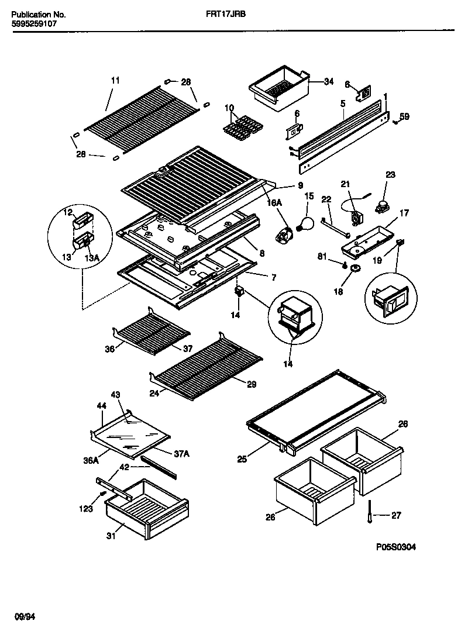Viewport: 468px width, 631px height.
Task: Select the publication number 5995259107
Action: [35, 25]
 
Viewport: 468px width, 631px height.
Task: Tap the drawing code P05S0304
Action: [396, 547]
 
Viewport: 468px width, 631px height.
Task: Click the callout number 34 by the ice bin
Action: [328, 81]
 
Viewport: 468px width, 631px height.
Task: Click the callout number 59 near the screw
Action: [404, 116]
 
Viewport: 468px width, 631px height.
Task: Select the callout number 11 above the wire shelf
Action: [115, 80]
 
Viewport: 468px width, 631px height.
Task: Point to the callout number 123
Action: [86, 509]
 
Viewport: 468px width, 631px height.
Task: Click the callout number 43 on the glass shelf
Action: [115, 395]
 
